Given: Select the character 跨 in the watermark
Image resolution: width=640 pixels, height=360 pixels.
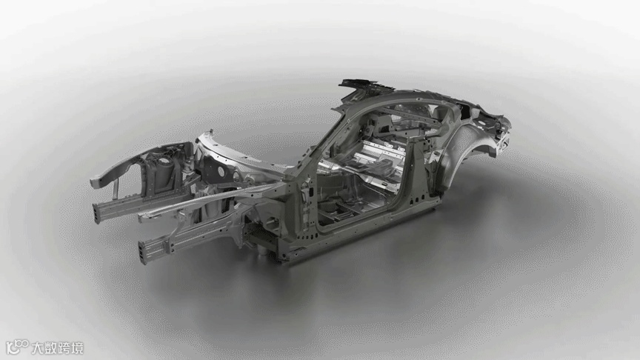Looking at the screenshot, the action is [x=64, y=348].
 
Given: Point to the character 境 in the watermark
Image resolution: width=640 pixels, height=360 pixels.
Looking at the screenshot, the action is [x=77, y=348].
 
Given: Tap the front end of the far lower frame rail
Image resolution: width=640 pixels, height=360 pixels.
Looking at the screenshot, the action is [x=96, y=213].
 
